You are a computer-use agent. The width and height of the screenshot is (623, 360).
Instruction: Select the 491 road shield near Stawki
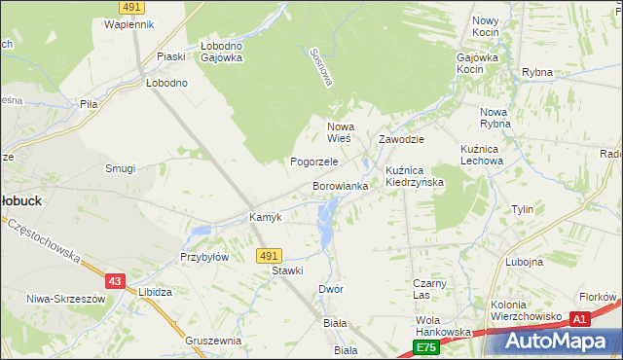270,255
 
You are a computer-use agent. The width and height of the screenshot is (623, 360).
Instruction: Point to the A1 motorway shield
580,318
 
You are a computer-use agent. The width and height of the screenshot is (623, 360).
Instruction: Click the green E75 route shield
425,346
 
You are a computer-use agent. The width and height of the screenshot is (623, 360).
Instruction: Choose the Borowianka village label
340,185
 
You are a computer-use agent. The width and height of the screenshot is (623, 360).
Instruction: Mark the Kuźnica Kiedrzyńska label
415,176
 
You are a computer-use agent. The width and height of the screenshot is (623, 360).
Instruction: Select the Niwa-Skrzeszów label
65,299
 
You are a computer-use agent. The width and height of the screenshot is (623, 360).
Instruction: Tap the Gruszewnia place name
213,341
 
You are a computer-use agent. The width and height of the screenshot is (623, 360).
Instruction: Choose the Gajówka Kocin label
484,64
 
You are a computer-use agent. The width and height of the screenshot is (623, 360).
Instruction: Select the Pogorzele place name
313,162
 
